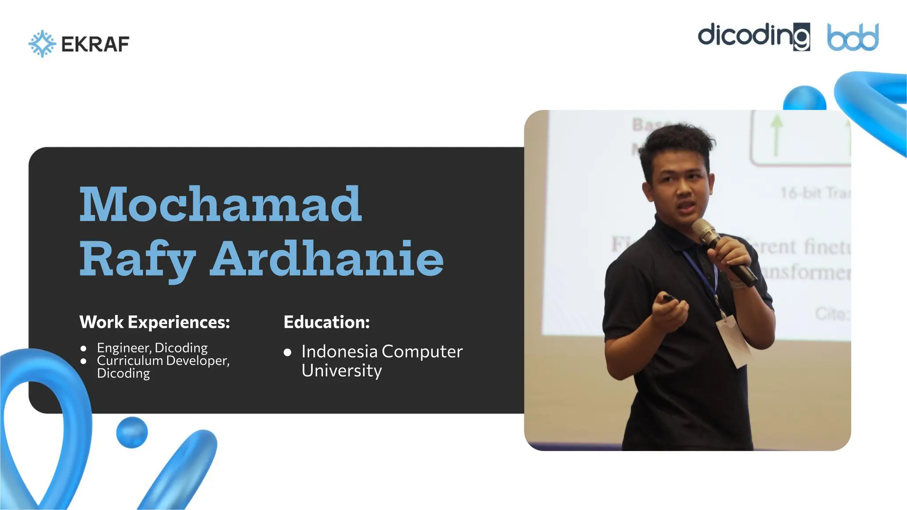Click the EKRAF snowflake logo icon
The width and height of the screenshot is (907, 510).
[x=42, y=43]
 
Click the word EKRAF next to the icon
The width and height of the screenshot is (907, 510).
[x=95, y=44]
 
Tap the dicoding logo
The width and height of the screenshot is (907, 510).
[x=753, y=36]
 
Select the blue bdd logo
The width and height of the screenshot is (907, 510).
[x=853, y=37]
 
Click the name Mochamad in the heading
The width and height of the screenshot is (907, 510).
[x=221, y=205]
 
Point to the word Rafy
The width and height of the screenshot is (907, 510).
[x=137, y=259]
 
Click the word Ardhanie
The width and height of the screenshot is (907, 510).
[x=327, y=259]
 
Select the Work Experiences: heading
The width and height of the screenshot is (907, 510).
[x=155, y=322]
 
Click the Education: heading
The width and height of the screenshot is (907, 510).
[x=326, y=322]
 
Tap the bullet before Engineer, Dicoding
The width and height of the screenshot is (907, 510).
[x=84, y=348]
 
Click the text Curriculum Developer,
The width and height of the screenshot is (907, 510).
[x=163, y=360]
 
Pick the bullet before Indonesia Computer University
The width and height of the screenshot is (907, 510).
[x=287, y=352]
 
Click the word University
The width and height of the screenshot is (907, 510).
[x=341, y=371]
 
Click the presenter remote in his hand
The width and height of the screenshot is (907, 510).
[x=668, y=299]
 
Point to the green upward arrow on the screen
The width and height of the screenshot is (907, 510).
[x=776, y=135]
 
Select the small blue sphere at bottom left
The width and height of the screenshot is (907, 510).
[x=132, y=432]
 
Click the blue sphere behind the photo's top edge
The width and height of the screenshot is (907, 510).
[x=804, y=99]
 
